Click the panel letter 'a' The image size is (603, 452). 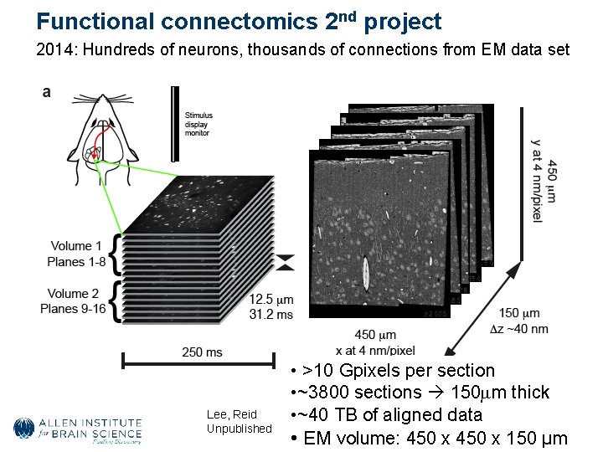pos(47,92)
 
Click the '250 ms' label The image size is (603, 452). pos(202,352)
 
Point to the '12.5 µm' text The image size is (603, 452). pos(272,300)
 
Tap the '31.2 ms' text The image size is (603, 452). pos(272,314)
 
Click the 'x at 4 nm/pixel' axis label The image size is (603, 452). pos(375,350)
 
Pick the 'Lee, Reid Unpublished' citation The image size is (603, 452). pos(240,422)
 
